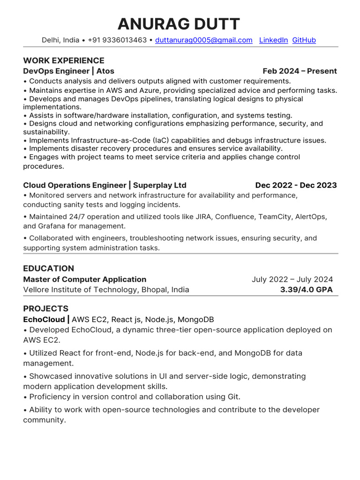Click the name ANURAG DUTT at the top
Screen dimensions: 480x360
pyautogui.click(x=179, y=24)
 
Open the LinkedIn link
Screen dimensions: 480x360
pyautogui.click(x=273, y=40)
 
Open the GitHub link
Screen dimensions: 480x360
pyautogui.click(x=304, y=40)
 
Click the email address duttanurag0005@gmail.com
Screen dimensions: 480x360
pyautogui.click(x=204, y=40)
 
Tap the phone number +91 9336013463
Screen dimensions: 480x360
pyautogui.click(x=118, y=40)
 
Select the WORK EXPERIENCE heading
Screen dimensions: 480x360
pyautogui.click(x=64, y=60)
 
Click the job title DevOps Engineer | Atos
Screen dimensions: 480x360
pyautogui.click(x=68, y=71)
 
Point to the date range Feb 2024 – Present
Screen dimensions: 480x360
pyautogui.click(x=300, y=71)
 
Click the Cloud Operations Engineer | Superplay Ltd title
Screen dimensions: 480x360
pyautogui.click(x=105, y=185)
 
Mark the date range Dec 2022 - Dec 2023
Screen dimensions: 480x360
pyautogui.click(x=296, y=185)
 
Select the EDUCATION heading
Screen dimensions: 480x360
pyautogui.click(x=49, y=269)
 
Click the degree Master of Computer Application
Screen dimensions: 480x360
pyautogui.click(x=85, y=279)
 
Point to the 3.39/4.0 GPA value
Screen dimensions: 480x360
pyautogui.click(x=306, y=290)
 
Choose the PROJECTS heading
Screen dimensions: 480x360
pyautogui.click(x=46, y=309)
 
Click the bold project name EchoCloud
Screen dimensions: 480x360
pyautogui.click(x=44, y=320)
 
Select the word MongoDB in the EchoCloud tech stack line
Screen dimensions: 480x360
pyautogui.click(x=196, y=320)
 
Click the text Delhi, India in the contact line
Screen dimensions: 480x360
pyautogui.click(x=60, y=40)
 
